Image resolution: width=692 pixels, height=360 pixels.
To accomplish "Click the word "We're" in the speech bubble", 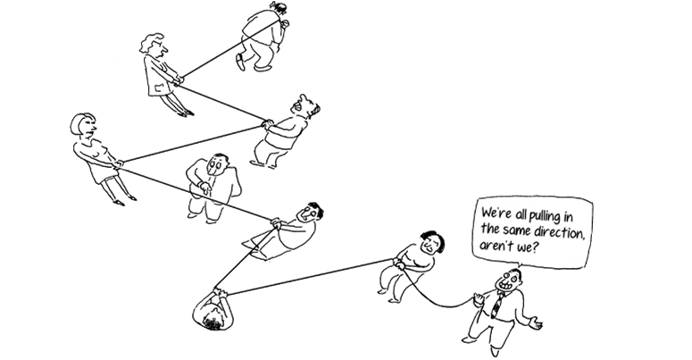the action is (495, 214).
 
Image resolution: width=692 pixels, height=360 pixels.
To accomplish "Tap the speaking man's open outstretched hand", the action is (535, 322).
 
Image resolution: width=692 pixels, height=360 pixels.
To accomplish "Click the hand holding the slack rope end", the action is (478, 299).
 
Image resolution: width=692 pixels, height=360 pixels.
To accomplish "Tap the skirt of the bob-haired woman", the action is (104, 173).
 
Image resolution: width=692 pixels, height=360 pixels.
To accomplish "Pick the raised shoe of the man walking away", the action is (240, 62).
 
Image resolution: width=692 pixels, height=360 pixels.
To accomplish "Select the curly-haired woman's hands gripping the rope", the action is (179, 80).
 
